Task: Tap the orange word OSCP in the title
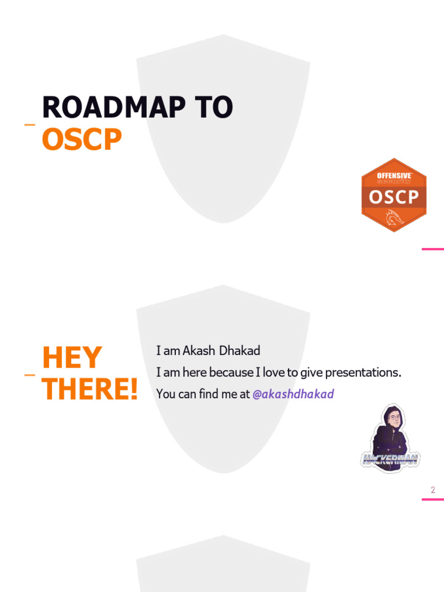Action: [82, 139]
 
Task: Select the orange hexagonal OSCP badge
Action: [394, 195]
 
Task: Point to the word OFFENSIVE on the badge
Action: [394, 175]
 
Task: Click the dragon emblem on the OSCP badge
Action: [394, 218]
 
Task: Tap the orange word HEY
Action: [72, 358]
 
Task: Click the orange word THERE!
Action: [90, 390]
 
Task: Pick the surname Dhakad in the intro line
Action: [239, 351]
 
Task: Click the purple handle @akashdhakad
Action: [293, 394]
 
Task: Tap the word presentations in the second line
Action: [362, 372]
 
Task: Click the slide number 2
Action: [432, 490]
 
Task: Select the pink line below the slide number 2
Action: [432, 499]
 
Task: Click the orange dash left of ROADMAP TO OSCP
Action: [29, 124]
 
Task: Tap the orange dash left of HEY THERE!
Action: [29, 375]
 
